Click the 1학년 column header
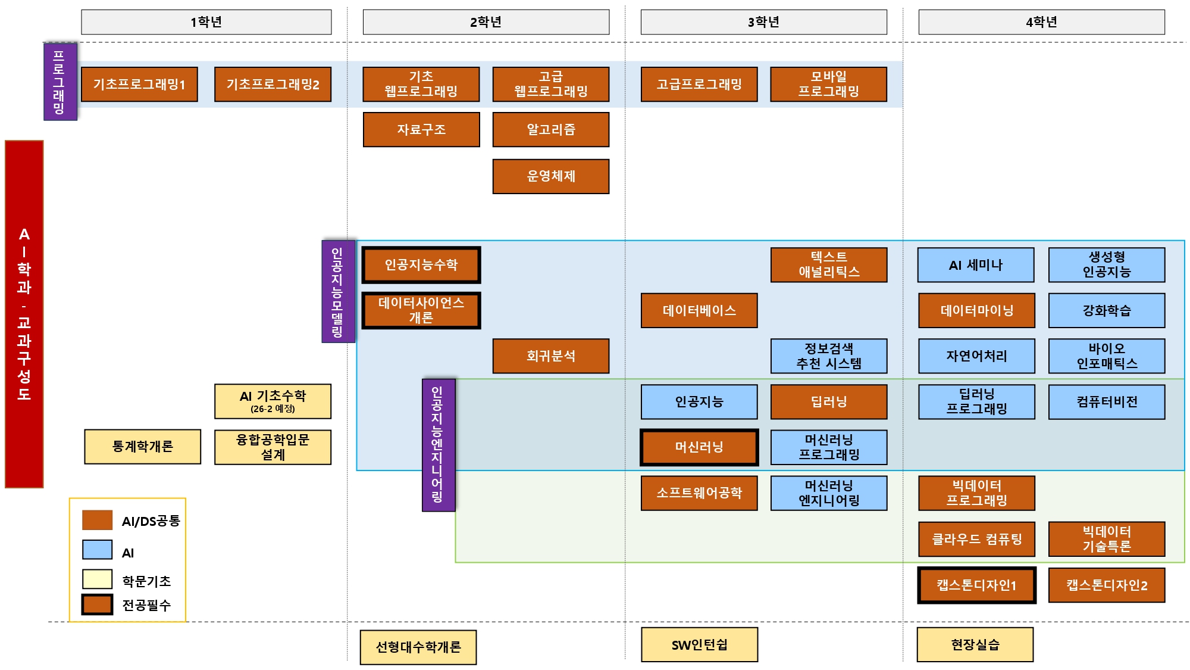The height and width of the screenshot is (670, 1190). click(206, 22)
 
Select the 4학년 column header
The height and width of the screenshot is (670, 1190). click(1041, 22)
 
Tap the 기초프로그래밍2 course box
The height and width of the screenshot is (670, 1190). click(273, 85)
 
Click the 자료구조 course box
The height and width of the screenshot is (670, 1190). click(421, 129)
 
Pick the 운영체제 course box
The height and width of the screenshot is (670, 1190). click(550, 176)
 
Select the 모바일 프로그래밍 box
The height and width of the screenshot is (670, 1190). click(828, 85)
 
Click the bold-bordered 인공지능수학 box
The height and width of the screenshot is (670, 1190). click(421, 265)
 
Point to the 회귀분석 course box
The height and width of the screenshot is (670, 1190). click(550, 356)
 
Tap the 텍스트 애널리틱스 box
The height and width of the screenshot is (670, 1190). click(828, 265)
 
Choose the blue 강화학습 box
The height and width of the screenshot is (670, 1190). click(1106, 310)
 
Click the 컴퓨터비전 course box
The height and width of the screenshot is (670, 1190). click(1106, 402)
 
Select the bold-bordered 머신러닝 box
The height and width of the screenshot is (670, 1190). click(699, 447)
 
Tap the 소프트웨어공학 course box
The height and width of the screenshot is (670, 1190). click(699, 493)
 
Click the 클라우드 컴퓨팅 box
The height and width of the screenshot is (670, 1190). click(976, 539)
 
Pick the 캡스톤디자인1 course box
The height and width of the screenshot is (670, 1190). click(976, 585)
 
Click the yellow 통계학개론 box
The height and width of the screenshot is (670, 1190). click(142, 447)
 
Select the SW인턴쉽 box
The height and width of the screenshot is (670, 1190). click(699, 644)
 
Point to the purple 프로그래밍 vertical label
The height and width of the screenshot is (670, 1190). click(60, 82)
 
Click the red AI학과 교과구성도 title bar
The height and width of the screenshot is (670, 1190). click(24, 314)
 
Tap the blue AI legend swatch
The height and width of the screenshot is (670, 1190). click(97, 550)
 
